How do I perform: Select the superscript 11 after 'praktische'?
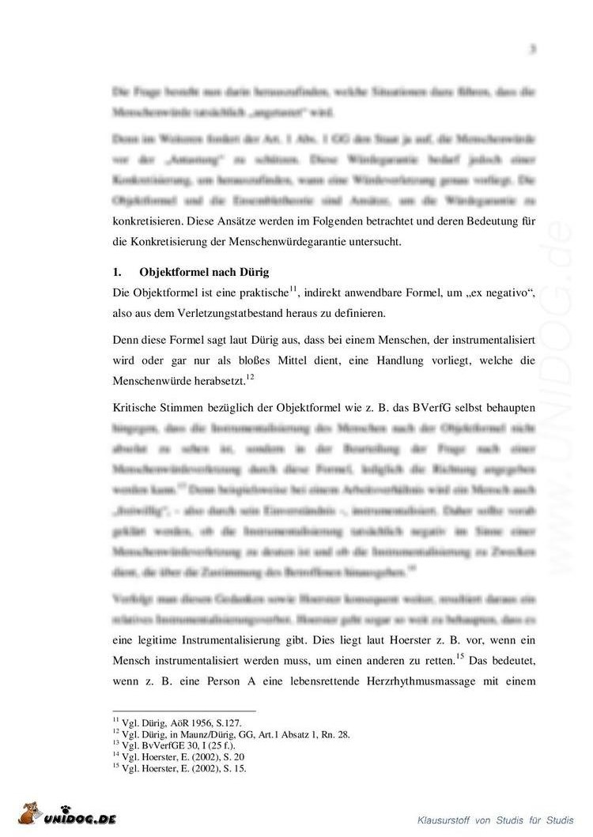293,288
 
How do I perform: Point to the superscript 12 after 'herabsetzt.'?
249,376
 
